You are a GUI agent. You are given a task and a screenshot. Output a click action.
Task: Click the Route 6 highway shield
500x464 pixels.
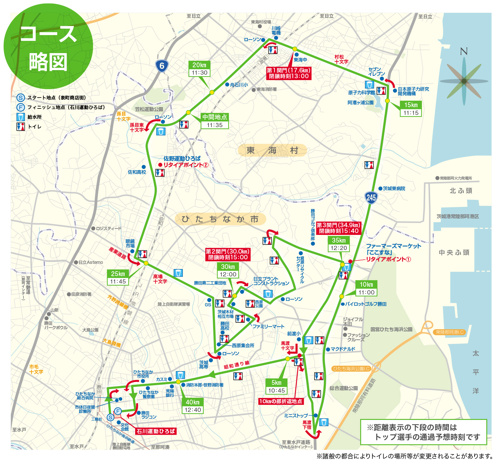pos(162,66)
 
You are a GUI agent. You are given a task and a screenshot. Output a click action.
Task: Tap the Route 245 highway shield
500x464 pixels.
pos(371,197)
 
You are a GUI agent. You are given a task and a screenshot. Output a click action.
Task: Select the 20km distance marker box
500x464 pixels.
pos(200,69)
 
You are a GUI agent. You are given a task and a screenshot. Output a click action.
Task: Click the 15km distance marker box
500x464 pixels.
pos(411,109)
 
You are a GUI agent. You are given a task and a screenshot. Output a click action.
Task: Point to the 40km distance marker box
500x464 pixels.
pos(192,406)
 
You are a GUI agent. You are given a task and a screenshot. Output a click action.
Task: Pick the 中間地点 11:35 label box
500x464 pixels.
pos(215,121)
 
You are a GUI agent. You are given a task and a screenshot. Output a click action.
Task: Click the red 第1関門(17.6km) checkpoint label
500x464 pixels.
pos(289,73)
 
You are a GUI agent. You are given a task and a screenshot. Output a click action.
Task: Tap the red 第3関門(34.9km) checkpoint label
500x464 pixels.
pos(339,228)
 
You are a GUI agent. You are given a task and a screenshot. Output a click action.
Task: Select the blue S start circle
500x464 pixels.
pos(111,417)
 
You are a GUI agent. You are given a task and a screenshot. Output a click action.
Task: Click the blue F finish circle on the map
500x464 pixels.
pos(118,411)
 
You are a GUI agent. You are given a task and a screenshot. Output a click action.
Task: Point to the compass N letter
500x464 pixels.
pos(464,51)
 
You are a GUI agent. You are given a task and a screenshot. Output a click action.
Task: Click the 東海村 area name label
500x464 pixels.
pos(272,150)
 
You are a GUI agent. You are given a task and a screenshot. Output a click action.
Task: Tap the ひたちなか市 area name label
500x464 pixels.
pos(220,219)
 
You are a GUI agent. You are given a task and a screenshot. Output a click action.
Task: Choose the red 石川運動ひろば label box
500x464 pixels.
pos(156,431)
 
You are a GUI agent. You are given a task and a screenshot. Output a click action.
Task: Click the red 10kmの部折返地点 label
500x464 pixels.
pos(281,401)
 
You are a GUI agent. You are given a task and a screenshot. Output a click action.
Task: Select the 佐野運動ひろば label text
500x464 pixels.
pos(182,158)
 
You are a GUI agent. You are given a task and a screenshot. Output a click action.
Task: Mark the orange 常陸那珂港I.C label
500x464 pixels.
pos(450,332)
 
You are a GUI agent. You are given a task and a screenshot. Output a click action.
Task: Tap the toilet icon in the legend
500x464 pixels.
pos(21,126)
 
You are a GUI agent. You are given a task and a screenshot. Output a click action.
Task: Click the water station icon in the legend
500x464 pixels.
pos(21,117)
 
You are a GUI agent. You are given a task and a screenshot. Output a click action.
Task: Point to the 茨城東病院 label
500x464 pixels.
pos(394,189)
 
